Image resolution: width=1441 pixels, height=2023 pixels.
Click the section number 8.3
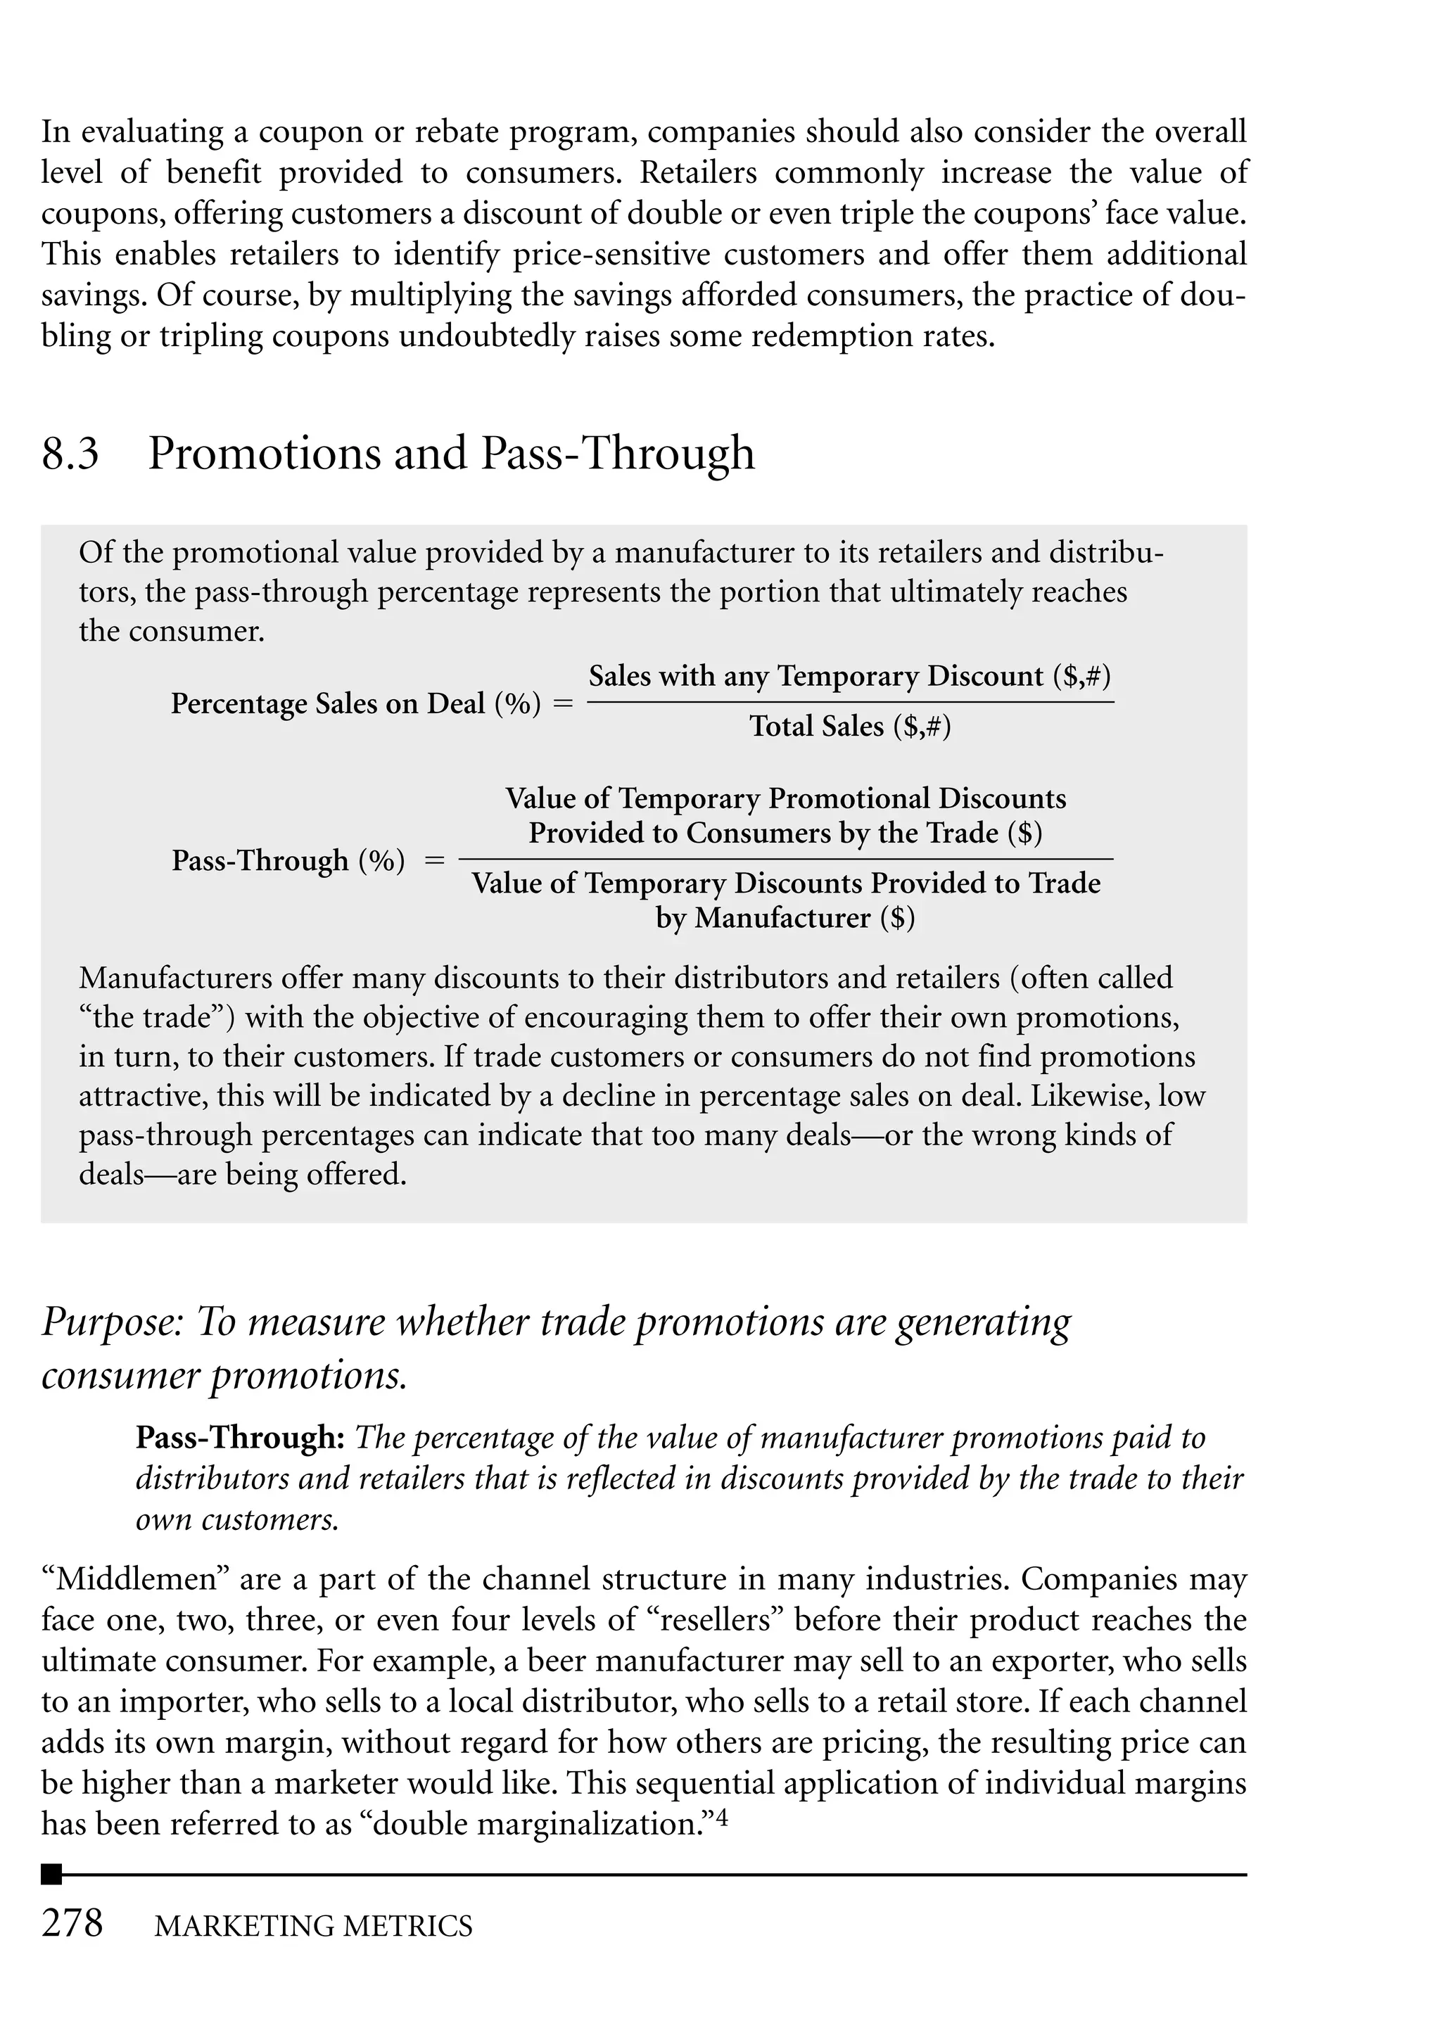pyautogui.click(x=70, y=454)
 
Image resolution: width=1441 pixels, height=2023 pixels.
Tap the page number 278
pyautogui.click(x=72, y=1924)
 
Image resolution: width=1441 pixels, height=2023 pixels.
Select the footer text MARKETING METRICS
pyautogui.click(x=313, y=1927)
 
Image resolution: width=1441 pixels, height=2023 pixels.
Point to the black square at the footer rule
pyautogui.click(x=51, y=1874)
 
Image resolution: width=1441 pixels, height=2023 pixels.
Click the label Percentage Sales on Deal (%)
pyautogui.click(x=356, y=703)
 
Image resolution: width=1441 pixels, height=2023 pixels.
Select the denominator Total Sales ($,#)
pyautogui.click(x=850, y=727)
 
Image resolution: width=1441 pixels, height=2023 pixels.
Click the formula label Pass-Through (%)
pyautogui.click(x=288, y=860)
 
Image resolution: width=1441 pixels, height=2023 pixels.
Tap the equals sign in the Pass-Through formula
pyautogui.click(x=434, y=860)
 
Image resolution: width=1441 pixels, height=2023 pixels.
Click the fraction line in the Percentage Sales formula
pyautogui.click(x=850, y=703)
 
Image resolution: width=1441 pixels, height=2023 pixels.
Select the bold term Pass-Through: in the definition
pyautogui.click(x=239, y=1438)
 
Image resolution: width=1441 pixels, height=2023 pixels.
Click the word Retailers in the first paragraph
pyautogui.click(x=698, y=173)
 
